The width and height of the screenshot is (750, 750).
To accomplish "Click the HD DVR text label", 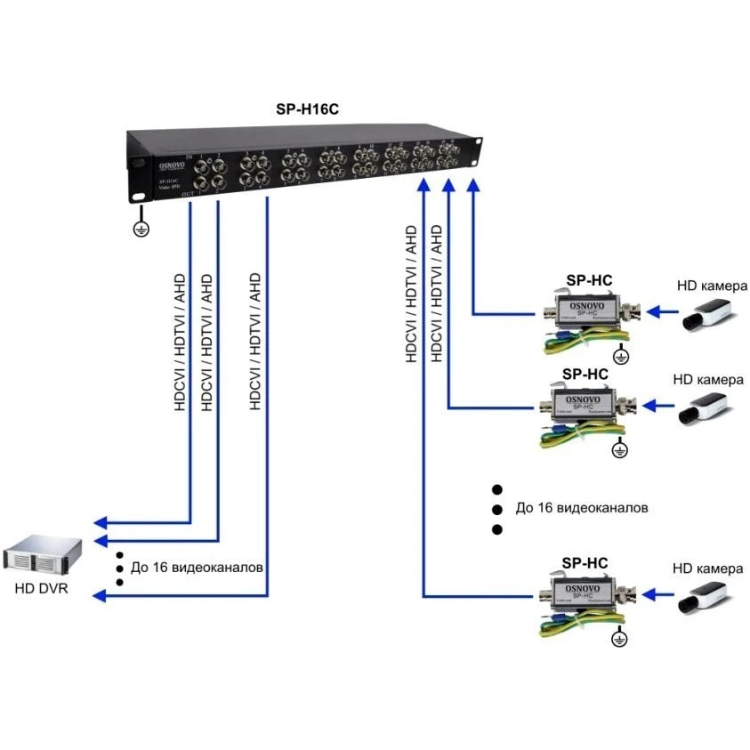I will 40,589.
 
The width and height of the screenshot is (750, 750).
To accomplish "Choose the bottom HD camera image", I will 707,594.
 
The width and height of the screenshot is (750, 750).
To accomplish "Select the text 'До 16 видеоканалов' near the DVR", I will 197,567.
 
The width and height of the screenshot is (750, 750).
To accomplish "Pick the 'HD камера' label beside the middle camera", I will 709,380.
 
